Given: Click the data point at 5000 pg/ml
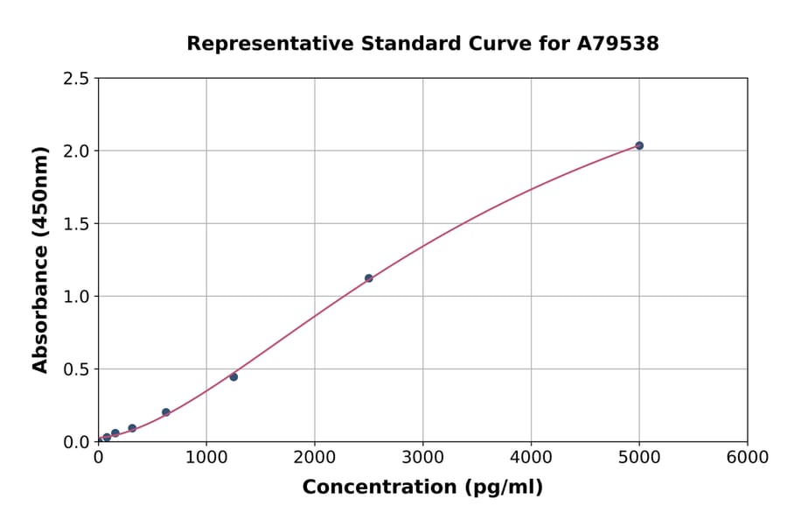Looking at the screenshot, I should [639, 145].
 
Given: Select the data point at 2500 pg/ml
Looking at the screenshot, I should [368, 278].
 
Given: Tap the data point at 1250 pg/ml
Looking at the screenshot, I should [233, 376].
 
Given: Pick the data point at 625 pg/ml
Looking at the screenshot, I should [166, 412].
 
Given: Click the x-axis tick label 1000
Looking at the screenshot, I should [206, 458].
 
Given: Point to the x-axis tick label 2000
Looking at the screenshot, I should [315, 458].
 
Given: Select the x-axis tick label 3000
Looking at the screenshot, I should [422, 458].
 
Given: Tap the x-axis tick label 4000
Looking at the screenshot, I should [531, 458].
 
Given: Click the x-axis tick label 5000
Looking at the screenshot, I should [639, 458].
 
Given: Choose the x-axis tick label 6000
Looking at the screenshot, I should [747, 458].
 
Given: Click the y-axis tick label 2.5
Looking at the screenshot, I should [76, 79].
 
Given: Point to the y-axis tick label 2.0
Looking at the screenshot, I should [76, 151].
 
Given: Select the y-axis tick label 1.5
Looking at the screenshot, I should [76, 224].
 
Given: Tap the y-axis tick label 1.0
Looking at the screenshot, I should [76, 297].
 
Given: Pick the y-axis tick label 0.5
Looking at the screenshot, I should [76, 369].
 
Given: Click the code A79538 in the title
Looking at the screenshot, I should [617, 43].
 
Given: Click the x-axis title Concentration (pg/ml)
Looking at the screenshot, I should [422, 488].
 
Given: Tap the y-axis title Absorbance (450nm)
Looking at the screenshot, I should [40, 260].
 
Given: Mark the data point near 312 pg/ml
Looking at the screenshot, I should [132, 428].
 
